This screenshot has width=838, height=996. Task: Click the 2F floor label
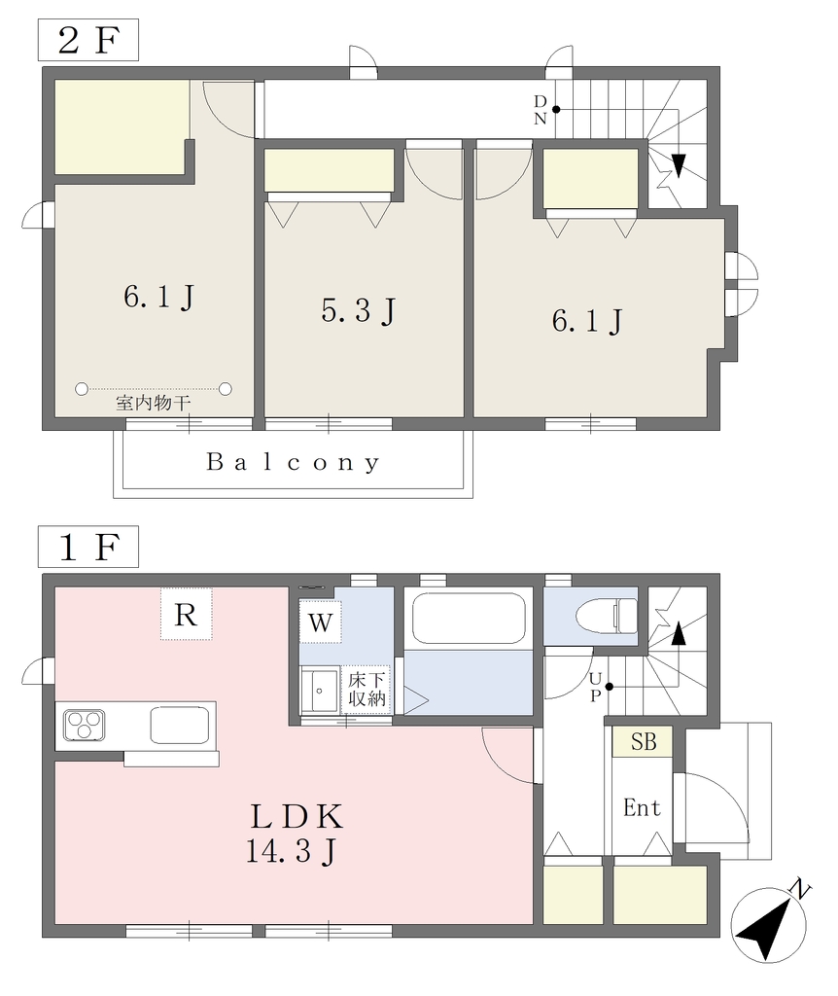coord(88,40)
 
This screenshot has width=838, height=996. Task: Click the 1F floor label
coord(88,547)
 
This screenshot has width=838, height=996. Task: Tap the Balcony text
coord(294,462)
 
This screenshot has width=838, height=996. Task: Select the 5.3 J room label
coord(359,310)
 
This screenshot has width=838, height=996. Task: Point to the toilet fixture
coord(607,615)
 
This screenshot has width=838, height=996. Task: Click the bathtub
coord(469,618)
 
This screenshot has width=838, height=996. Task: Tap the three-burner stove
coord(85,726)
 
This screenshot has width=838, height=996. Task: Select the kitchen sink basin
coord(180,726)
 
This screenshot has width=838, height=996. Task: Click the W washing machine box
coord(321,622)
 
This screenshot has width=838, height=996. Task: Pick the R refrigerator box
coord(186,614)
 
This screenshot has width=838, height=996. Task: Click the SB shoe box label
coord(643,741)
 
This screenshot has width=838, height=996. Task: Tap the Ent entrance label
coord(642,807)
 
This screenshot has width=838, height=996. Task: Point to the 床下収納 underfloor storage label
coord(367,690)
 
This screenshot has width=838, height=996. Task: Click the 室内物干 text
coord(153,403)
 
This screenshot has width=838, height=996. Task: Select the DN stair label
coord(541,110)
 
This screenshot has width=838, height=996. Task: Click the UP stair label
coord(595,688)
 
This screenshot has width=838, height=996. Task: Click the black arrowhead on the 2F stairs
coord(678,165)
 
